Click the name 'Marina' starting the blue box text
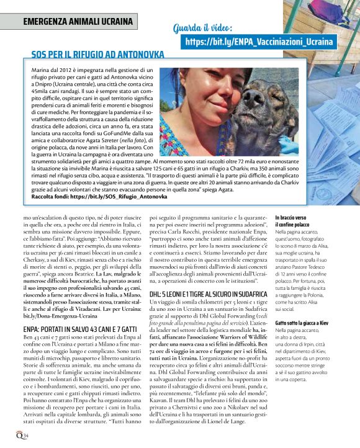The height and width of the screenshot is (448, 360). coord(40,72)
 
